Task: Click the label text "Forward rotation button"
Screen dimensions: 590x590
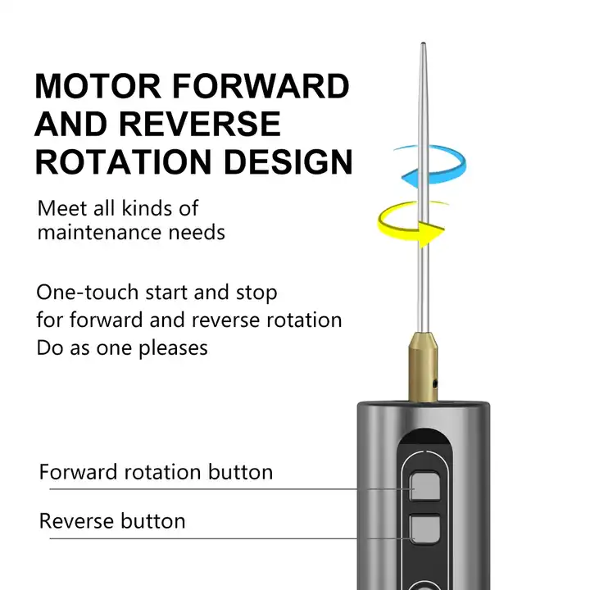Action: [156, 472]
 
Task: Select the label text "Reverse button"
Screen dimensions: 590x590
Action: [112, 521]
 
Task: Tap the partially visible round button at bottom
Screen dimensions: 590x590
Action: [425, 583]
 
